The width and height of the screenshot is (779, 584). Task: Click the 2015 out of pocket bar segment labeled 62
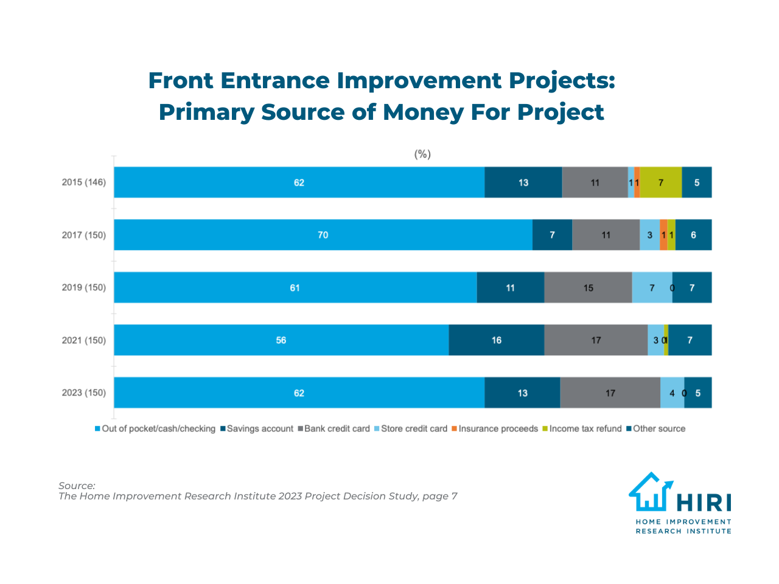[x=299, y=182]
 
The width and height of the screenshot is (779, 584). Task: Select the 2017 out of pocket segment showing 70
[x=323, y=235]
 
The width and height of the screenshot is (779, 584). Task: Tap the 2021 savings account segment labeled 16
[x=497, y=340]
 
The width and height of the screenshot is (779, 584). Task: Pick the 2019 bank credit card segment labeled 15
[x=588, y=288]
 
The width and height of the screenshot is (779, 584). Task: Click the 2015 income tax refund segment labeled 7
[x=661, y=182]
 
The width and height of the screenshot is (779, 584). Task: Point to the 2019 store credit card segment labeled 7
[x=652, y=288]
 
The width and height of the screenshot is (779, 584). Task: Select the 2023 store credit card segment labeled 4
[x=672, y=393]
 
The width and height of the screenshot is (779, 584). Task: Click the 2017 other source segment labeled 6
[x=693, y=235]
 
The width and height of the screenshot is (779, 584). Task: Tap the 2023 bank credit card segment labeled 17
[x=610, y=393]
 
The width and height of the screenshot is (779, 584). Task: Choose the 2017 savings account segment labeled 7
[x=552, y=235]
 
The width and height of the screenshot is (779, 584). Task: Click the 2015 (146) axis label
[x=83, y=182]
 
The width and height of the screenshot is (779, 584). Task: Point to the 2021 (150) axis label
[x=83, y=340]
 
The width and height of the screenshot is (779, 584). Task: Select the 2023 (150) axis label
[x=83, y=393]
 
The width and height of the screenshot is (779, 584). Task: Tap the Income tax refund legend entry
[x=585, y=429]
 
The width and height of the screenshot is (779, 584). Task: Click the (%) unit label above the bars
[x=422, y=155]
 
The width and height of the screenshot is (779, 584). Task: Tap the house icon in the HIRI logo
[x=650, y=492]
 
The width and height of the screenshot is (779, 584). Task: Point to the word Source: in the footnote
[x=77, y=485]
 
